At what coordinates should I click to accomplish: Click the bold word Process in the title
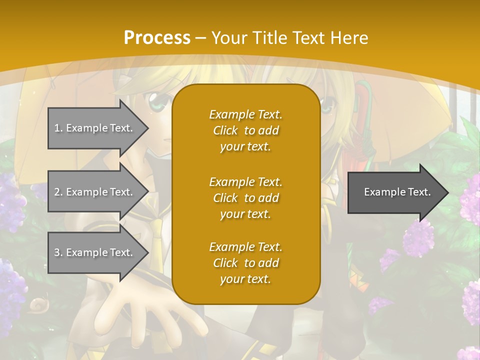tap(157, 38)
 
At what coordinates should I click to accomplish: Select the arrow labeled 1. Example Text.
tap(95, 128)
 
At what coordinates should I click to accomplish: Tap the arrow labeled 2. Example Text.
tap(95, 192)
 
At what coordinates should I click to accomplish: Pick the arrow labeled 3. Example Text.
tap(95, 252)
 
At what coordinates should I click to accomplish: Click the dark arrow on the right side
tap(395, 192)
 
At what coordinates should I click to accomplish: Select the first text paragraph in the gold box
tap(245, 130)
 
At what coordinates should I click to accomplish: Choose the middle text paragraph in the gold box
tap(245, 198)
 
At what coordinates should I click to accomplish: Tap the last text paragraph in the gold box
tap(245, 263)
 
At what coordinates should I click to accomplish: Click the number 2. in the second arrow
tap(58, 192)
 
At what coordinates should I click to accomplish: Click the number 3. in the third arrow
tap(58, 252)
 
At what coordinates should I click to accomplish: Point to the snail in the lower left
tap(37, 304)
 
